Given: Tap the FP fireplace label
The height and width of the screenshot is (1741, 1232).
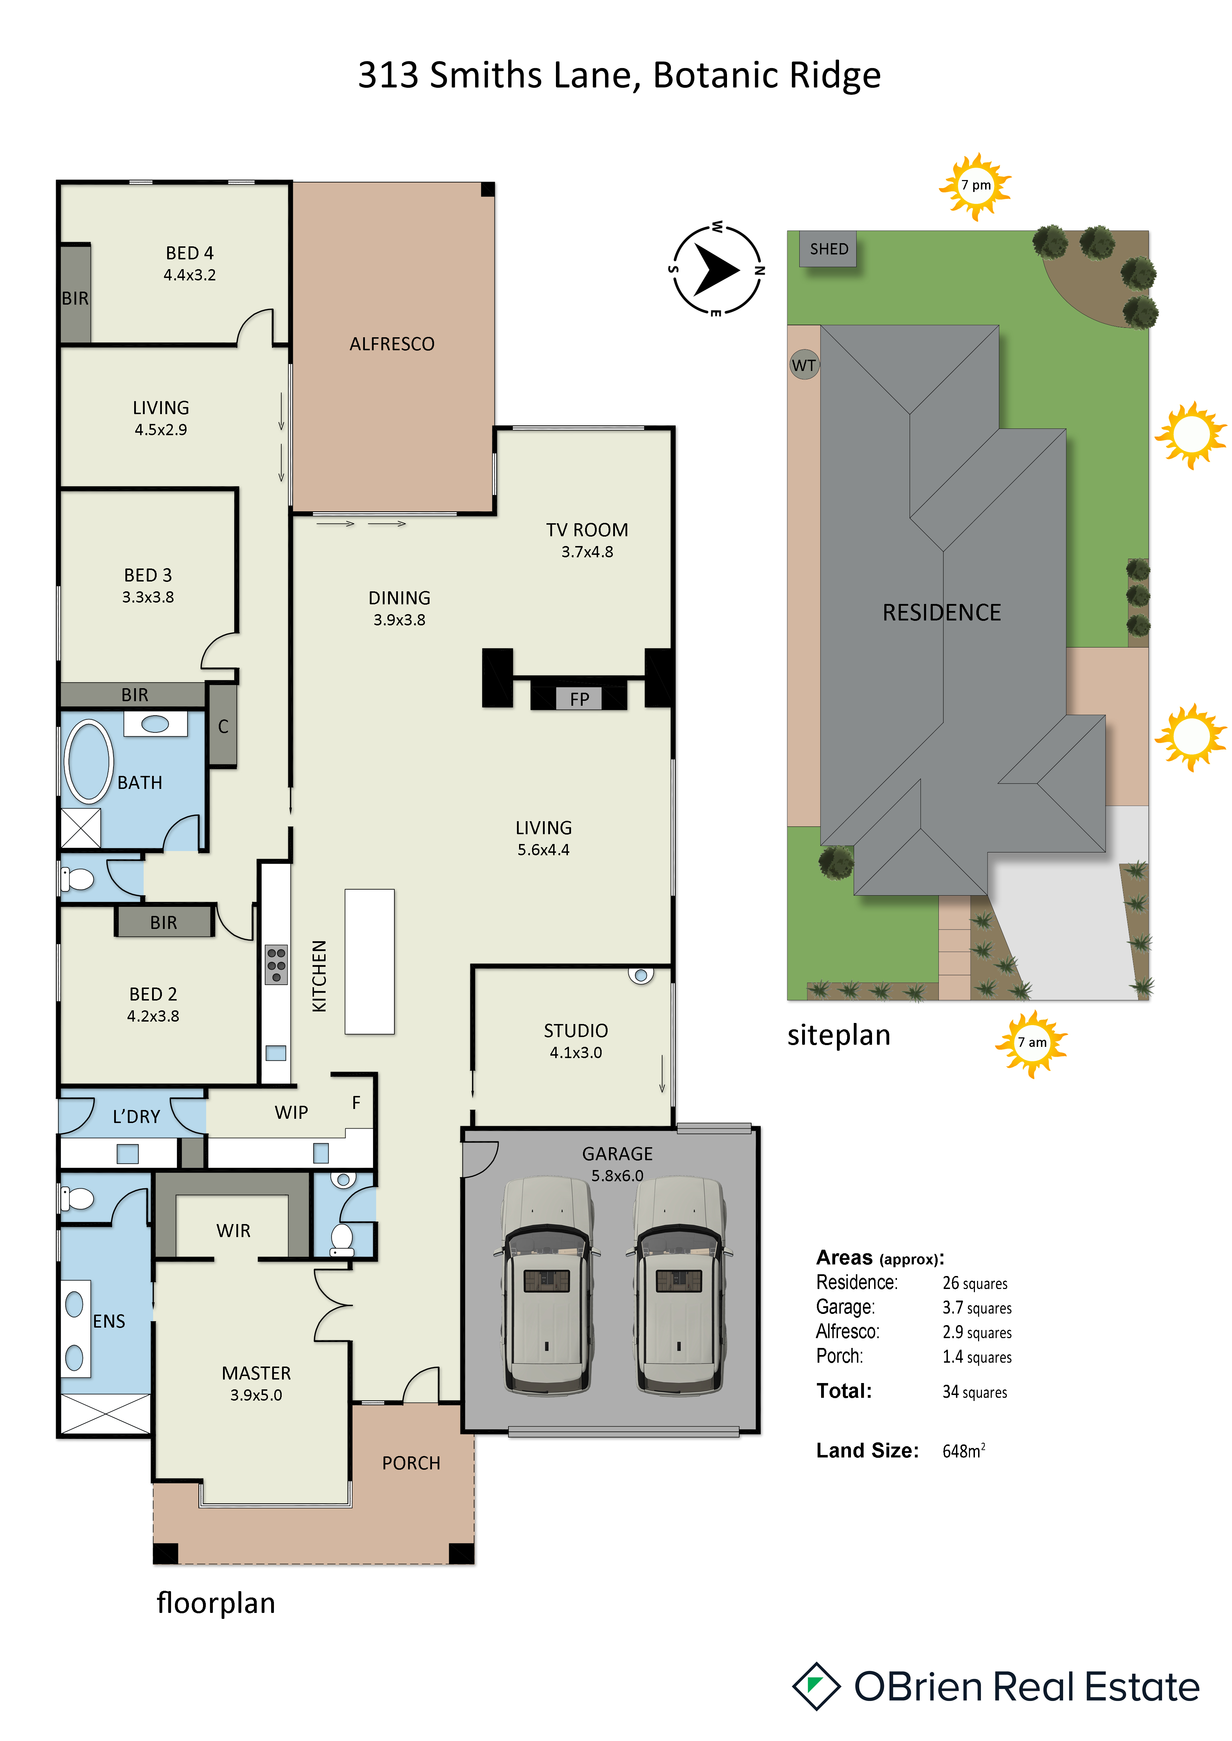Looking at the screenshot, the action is [x=579, y=699].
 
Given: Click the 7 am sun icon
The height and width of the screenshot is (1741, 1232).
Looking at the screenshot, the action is [x=1032, y=1043].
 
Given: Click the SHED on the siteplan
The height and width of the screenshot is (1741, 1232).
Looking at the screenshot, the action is [x=828, y=250].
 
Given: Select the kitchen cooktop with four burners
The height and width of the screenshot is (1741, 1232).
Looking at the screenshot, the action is [x=276, y=964].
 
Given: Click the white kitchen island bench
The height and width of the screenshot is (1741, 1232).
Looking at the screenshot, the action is [x=369, y=962].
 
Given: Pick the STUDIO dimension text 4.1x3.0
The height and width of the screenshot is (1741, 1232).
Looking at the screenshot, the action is [x=576, y=1052].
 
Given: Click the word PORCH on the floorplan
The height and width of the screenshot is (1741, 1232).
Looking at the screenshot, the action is [x=411, y=1463].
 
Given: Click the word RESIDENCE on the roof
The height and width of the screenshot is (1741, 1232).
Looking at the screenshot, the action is [x=942, y=613].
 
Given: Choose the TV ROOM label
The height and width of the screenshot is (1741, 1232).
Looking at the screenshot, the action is [x=587, y=530].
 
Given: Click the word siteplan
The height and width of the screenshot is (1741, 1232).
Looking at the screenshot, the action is [x=838, y=1036].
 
